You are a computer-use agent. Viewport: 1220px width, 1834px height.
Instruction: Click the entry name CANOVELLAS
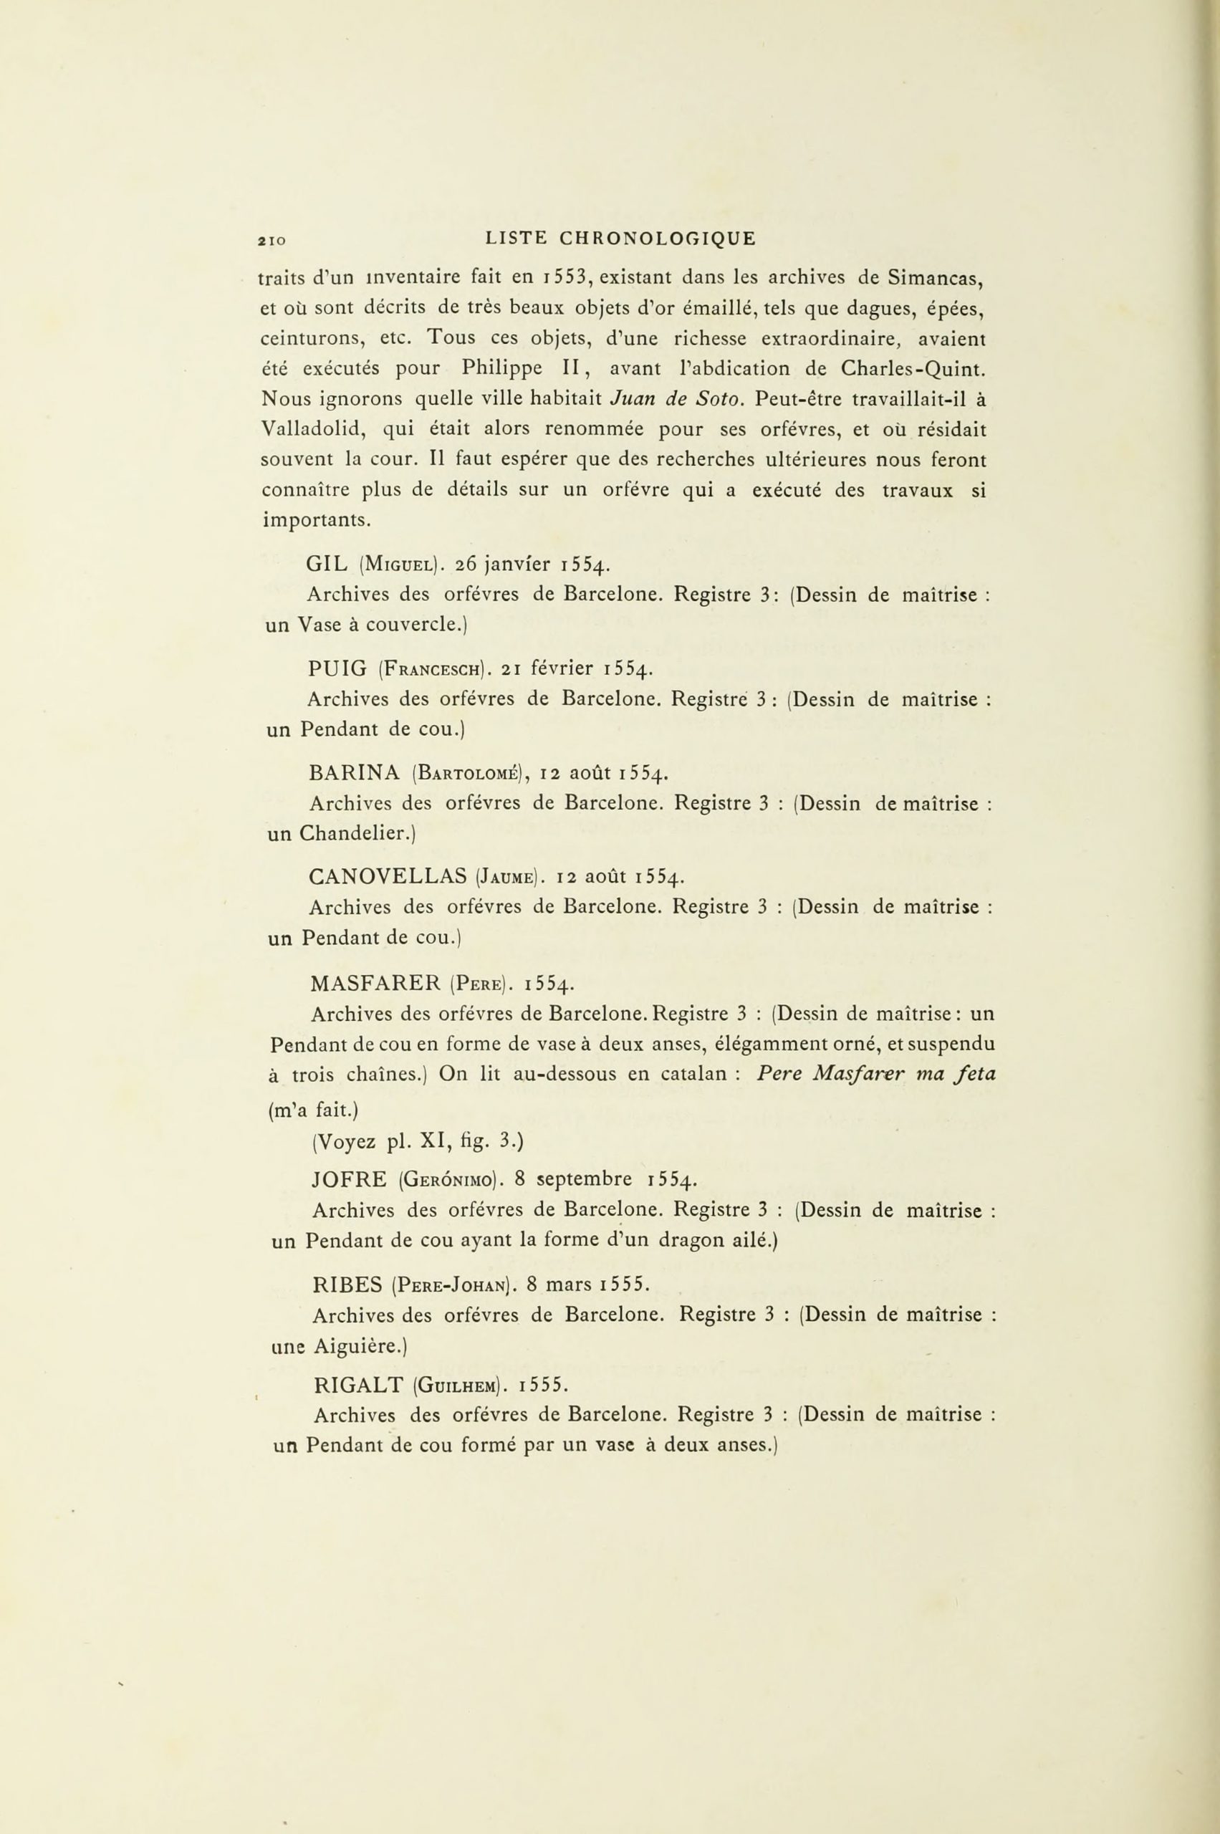[x=387, y=877]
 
